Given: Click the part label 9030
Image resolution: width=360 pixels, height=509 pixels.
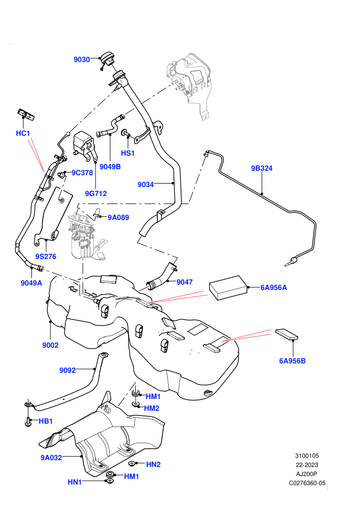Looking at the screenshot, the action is click(81, 60).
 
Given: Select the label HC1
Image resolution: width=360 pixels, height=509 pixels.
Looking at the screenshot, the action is click(23, 133).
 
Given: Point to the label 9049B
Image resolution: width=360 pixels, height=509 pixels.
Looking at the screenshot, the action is click(110, 167).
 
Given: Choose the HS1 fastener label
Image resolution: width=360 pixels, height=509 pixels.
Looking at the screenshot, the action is click(128, 153).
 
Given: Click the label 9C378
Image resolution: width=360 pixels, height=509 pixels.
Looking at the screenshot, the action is click(82, 173).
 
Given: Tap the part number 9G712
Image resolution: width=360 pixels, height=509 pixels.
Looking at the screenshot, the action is click(96, 193).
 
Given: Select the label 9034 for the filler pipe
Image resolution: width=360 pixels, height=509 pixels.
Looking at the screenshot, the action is click(146, 185).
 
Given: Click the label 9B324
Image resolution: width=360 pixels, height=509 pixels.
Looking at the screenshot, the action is click(262, 168).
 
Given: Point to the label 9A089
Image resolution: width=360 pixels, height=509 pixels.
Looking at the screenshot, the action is click(118, 217).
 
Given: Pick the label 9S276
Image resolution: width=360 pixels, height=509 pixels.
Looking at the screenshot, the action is click(46, 257).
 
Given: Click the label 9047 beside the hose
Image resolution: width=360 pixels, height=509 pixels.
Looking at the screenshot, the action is click(185, 282).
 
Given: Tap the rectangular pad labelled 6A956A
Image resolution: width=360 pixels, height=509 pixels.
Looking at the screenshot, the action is click(228, 287).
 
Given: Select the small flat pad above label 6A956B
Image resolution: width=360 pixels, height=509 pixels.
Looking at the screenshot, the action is click(286, 335).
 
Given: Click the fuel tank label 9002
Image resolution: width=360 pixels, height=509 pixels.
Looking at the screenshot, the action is click(50, 345).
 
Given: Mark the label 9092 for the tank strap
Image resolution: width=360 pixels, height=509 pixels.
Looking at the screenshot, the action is click(67, 370).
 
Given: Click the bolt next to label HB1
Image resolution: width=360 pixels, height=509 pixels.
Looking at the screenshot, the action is click(28, 422).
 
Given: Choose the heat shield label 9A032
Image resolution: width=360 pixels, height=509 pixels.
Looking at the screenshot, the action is click(51, 458).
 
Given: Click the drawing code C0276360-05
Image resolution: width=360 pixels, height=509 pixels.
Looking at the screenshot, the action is click(307, 483).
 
